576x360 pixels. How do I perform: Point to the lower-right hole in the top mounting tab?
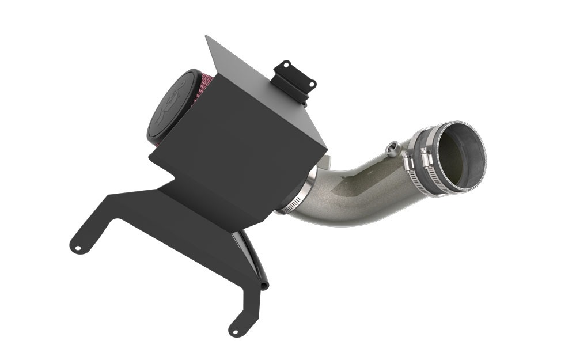point(312,85)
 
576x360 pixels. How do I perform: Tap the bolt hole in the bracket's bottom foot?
point(235,329)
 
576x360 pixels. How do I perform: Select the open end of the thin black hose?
point(264,286)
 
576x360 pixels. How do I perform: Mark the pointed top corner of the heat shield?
point(207,37)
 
